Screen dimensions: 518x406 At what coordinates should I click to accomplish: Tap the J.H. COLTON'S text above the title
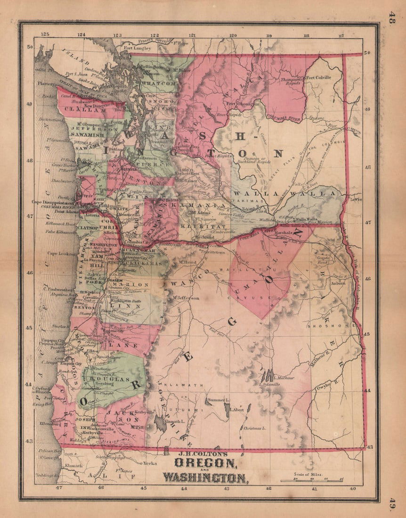coord(197,454)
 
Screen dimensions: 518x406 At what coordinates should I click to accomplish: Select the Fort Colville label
coord(318,77)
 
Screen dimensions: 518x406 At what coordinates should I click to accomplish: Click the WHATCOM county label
coord(158,83)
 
